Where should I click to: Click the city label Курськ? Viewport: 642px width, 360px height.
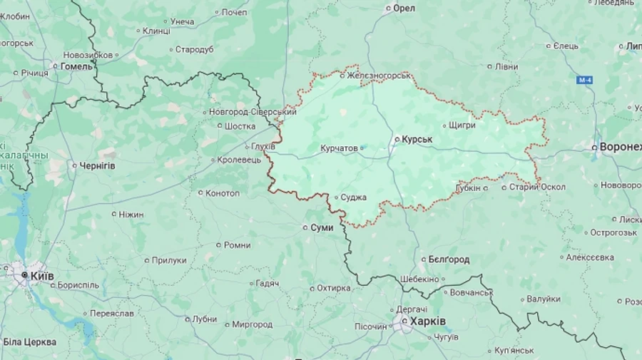[x=417, y=139]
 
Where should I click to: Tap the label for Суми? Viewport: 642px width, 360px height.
[x=322, y=227]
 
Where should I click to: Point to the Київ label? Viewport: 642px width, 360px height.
[x=41, y=275]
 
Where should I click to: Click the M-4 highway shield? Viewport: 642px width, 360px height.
[x=585, y=80]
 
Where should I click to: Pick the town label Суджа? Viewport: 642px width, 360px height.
[x=354, y=197]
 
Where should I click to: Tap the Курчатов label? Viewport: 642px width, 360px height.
[x=339, y=148]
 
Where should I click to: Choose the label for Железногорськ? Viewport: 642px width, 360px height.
[x=379, y=75]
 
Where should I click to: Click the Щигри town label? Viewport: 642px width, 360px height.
[x=462, y=125]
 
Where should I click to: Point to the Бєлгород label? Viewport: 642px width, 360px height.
[x=449, y=259]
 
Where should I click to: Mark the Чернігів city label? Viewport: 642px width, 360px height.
[x=98, y=165]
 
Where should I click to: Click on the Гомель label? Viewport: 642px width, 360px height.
[x=76, y=66]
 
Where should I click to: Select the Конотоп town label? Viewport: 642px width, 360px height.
[x=223, y=193]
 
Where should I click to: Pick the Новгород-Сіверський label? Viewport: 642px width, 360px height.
[x=253, y=112]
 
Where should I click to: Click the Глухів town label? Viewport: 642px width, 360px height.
[x=263, y=147]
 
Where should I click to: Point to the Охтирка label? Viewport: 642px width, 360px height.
[x=334, y=288]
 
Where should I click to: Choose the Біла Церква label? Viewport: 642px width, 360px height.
[x=30, y=342]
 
